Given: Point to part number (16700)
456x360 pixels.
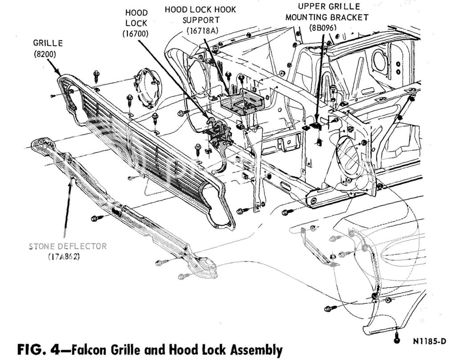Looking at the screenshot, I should pos(136,33).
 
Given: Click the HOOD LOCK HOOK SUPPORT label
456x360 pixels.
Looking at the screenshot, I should pos(200,15).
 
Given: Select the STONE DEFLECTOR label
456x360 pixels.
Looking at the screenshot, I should pos(68,246).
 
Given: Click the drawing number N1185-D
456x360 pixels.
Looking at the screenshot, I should pos(429,342).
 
